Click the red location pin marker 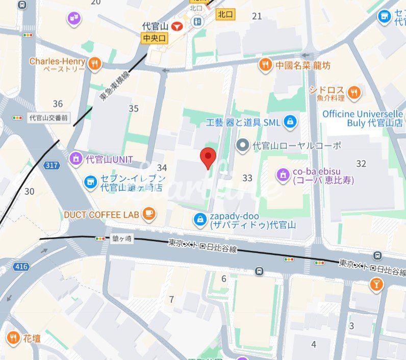point(208,157)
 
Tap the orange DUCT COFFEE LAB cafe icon point(148,214)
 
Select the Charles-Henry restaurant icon point(94,63)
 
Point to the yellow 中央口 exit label point(155,38)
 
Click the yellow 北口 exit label point(225,14)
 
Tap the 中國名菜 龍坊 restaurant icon point(265,64)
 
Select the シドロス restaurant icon point(353,92)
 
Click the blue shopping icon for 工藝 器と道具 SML point(290,122)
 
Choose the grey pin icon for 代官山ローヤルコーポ point(243,146)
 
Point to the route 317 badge point(51,165)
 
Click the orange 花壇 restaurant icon point(13,338)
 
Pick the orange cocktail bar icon point(376,285)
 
